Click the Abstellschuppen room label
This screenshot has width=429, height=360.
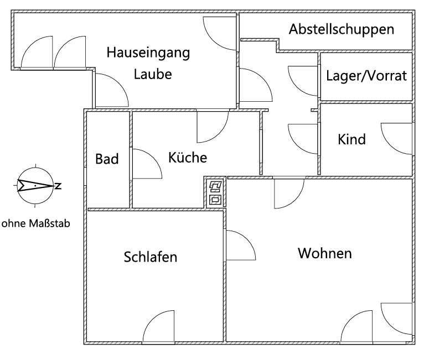(x=342, y=29)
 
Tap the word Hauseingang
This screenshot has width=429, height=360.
(x=148, y=53)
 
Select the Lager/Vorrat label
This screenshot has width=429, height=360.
(x=366, y=76)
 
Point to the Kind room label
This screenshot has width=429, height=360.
(x=352, y=139)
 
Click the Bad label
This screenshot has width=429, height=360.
(x=107, y=159)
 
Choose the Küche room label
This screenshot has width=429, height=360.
(x=187, y=158)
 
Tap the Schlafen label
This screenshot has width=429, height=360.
(x=151, y=257)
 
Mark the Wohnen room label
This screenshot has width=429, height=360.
(x=324, y=254)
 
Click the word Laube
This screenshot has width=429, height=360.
(x=152, y=74)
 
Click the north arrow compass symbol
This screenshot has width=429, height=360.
(x=35, y=186)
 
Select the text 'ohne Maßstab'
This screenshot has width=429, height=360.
(x=36, y=224)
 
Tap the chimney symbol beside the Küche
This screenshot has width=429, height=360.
(x=215, y=192)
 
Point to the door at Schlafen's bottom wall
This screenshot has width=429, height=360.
(x=159, y=326)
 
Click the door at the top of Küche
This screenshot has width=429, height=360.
(x=212, y=126)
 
